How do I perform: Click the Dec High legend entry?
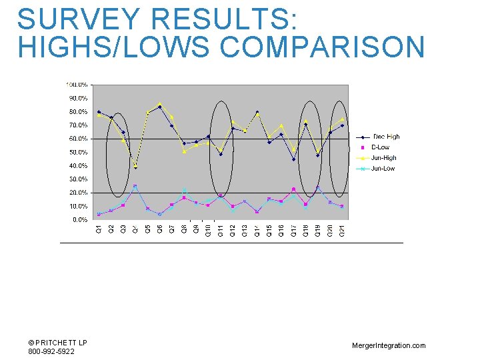(x=386, y=137)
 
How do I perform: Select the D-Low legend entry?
(x=380, y=147)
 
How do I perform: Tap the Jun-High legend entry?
(x=383, y=158)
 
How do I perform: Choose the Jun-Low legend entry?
(x=383, y=169)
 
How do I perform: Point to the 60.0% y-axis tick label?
(x=79, y=139)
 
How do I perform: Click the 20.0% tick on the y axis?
(x=79, y=193)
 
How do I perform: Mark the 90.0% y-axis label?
(x=79, y=98)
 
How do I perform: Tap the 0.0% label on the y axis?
(x=81, y=219)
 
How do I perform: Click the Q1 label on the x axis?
(x=99, y=229)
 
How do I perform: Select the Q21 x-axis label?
(x=341, y=230)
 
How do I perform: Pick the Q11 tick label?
(x=220, y=230)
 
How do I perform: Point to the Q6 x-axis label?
(x=159, y=229)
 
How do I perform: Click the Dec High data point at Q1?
(x=99, y=112)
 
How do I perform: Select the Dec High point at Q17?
(x=293, y=159)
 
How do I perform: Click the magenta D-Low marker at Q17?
(x=293, y=189)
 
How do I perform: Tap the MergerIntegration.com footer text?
(x=389, y=345)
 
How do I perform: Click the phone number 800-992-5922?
(x=51, y=351)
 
